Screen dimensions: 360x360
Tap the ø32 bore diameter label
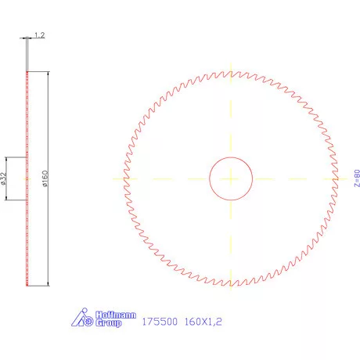click(5, 178)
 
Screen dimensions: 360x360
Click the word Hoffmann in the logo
click(110, 315)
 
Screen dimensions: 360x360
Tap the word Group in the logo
click(108, 322)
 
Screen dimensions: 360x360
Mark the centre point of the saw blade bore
click(231, 178)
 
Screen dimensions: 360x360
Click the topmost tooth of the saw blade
click(231, 72)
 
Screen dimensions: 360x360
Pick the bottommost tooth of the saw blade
click(231, 285)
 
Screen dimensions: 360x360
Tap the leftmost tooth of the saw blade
click(124, 178)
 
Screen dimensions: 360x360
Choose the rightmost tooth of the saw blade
click(337, 178)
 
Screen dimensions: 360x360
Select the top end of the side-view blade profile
click(27, 71)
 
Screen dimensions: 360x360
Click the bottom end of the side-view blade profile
click(27, 285)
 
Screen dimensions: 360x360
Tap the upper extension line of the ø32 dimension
click(16, 157)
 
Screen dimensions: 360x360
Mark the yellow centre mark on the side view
click(27, 178)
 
